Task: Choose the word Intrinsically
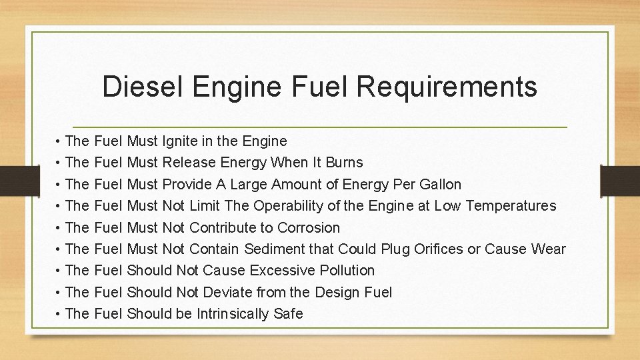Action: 239,313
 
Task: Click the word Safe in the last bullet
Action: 288,313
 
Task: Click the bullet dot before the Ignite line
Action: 59,142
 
